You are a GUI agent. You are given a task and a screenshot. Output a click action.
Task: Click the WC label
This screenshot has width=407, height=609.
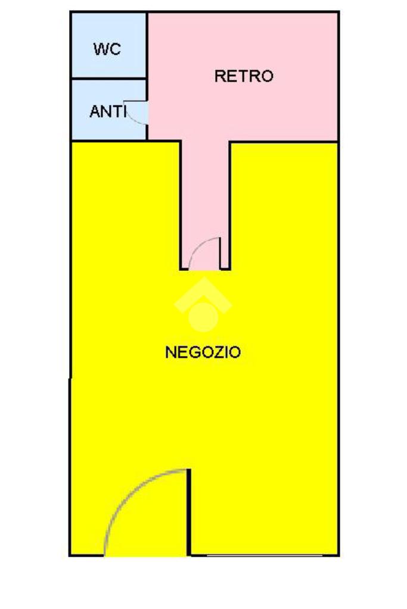coord(107,49)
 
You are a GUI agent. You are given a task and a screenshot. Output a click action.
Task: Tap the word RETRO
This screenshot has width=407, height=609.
coord(244,76)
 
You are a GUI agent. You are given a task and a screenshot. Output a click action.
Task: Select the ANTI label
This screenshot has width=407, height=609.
coord(107,111)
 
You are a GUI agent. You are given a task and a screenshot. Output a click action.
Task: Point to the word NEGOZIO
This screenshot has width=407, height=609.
coord(203,352)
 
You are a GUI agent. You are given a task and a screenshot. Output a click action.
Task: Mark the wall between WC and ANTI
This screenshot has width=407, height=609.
coord(108,78)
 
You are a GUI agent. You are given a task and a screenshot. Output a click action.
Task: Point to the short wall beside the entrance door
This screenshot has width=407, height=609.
coord(189,512)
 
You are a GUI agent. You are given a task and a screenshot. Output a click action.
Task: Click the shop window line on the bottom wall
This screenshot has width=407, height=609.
coord(265,555)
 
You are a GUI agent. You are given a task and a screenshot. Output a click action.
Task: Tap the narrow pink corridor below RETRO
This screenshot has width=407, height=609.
coord(204,190)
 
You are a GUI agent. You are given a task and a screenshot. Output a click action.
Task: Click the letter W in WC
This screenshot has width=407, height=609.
coord(100,49)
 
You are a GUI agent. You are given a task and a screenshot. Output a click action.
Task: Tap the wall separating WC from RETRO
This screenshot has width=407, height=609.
coord(147,45)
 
